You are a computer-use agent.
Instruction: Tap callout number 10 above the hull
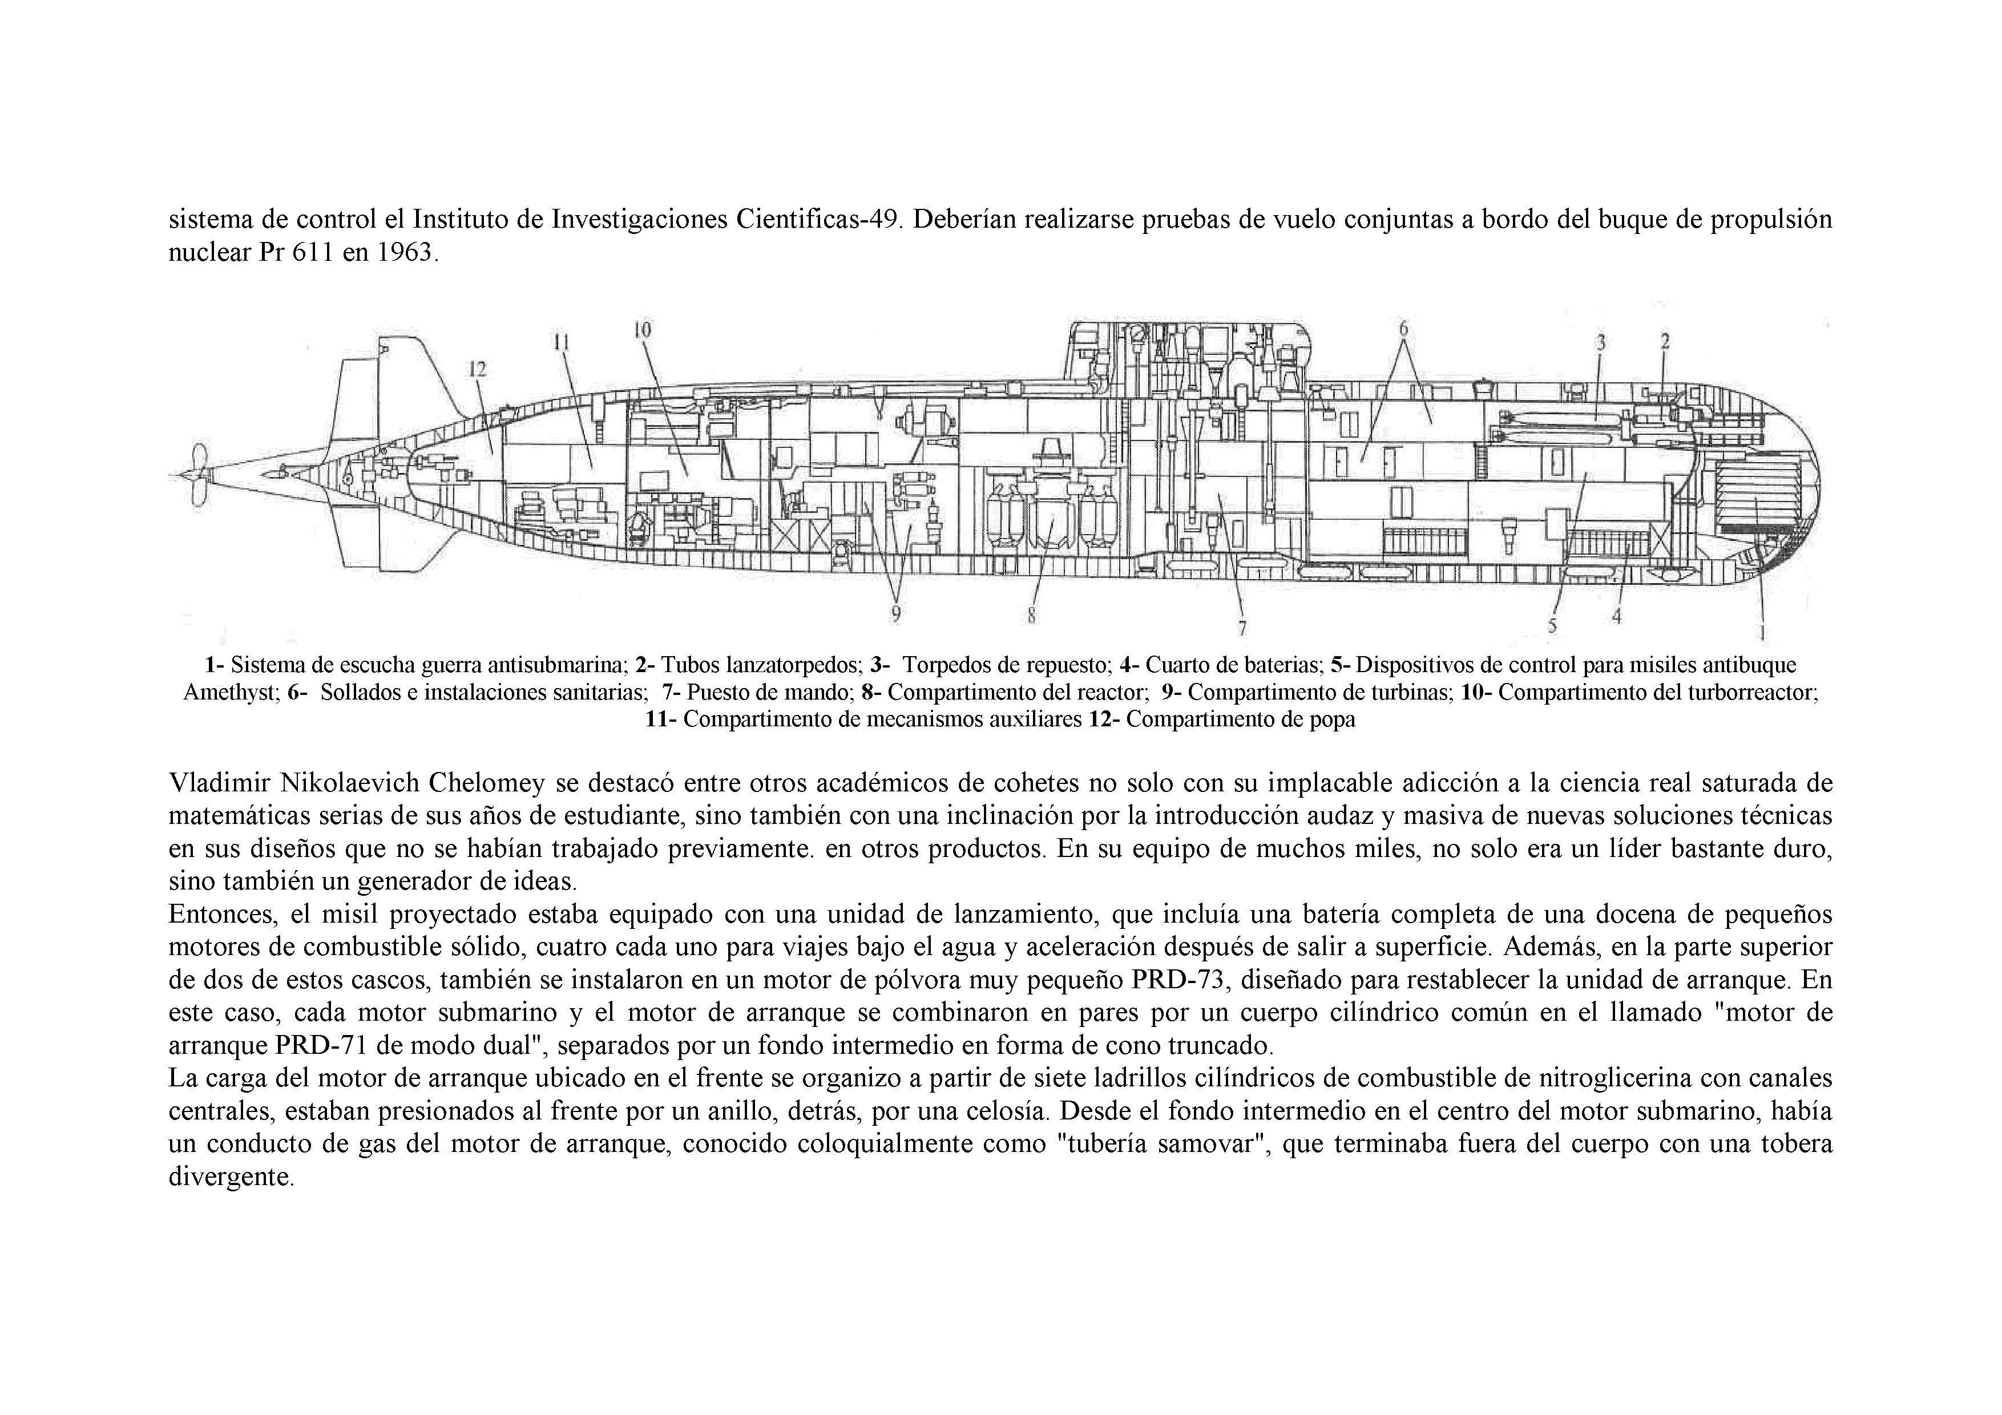point(643,330)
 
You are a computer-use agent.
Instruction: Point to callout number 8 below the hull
point(1031,616)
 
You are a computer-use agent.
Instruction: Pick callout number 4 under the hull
point(1617,616)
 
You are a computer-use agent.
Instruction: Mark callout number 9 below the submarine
point(895,614)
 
